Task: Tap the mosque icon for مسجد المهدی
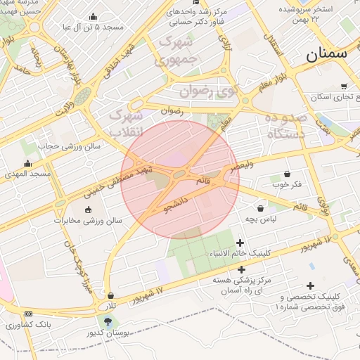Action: coord(27,163)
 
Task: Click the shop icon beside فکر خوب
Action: coord(287,174)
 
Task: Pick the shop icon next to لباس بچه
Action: coord(261,208)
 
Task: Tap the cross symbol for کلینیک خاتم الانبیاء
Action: coord(240,243)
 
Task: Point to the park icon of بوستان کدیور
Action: coord(107,321)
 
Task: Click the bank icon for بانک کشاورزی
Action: coord(28,314)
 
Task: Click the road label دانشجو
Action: coord(176,207)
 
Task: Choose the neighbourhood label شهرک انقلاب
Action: coord(127,121)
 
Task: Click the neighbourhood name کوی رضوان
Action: coord(208,90)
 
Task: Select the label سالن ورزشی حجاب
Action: coord(70,146)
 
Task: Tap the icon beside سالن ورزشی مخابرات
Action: coord(87,210)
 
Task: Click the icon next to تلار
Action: coord(112,295)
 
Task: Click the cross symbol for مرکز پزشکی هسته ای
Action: coord(242,269)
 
